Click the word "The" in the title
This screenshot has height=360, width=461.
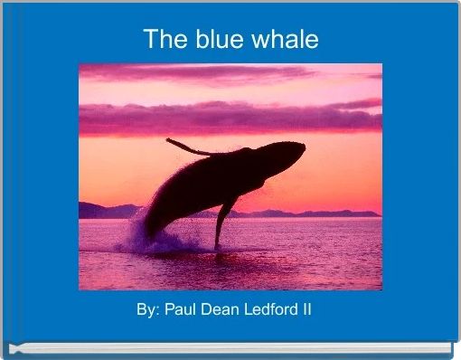coord(162,40)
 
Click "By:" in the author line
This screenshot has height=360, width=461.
coord(148,309)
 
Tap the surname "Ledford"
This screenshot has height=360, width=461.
coord(268,309)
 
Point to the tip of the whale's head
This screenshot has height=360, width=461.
coord(298,149)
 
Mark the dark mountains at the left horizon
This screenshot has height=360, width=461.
coord(99,211)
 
